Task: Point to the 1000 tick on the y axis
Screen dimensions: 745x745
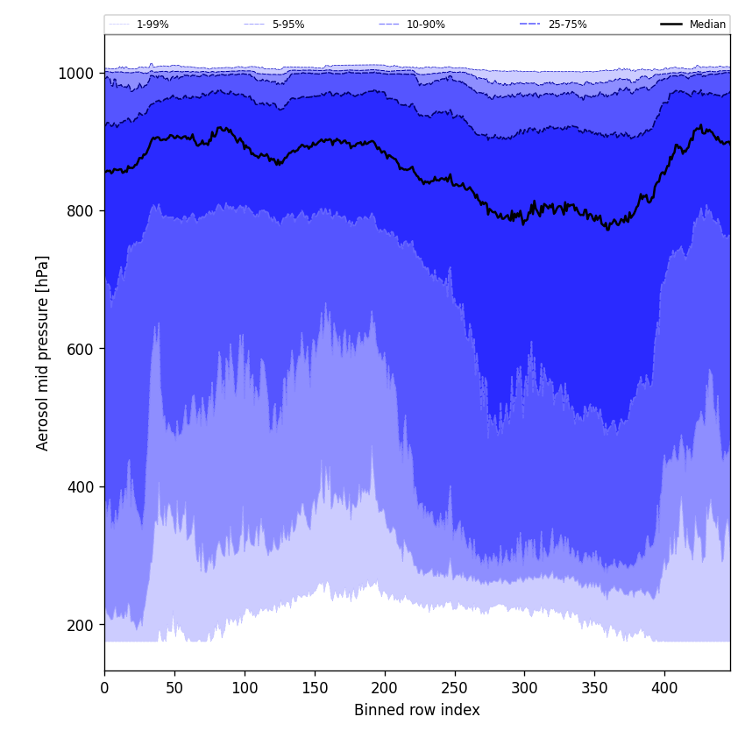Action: (x=76, y=74)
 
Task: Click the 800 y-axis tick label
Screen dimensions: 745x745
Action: (x=80, y=211)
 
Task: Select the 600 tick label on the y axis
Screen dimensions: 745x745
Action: (x=80, y=349)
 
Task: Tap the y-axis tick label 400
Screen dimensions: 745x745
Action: (x=80, y=487)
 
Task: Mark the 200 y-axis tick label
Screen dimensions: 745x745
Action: (x=80, y=625)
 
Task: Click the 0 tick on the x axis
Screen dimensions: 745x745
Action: (x=104, y=689)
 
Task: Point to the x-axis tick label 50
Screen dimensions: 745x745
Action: (x=174, y=689)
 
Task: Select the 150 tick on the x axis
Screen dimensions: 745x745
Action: (x=315, y=689)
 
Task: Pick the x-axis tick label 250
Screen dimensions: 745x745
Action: (x=454, y=689)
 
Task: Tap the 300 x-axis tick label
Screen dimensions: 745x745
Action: (x=524, y=689)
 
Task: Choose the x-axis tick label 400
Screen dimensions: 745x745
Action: (x=664, y=689)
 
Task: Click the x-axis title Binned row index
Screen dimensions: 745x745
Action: (x=417, y=711)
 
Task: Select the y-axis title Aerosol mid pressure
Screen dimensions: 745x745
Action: (x=43, y=352)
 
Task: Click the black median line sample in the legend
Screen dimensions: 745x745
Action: (x=671, y=25)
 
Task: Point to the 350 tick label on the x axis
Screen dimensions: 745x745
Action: (x=594, y=689)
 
